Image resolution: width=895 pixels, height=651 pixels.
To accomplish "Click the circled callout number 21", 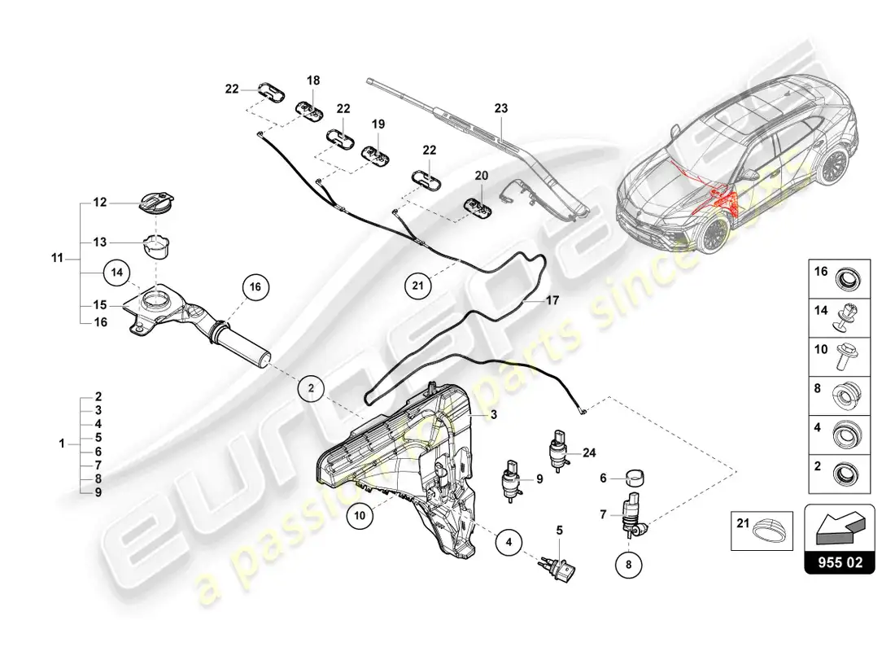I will click(x=417, y=284).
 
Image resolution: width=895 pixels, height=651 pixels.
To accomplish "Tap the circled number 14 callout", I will click(x=116, y=273).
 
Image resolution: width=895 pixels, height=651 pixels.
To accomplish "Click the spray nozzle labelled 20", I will click(x=479, y=208).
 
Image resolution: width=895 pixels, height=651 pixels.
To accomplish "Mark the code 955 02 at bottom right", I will click(x=839, y=561).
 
